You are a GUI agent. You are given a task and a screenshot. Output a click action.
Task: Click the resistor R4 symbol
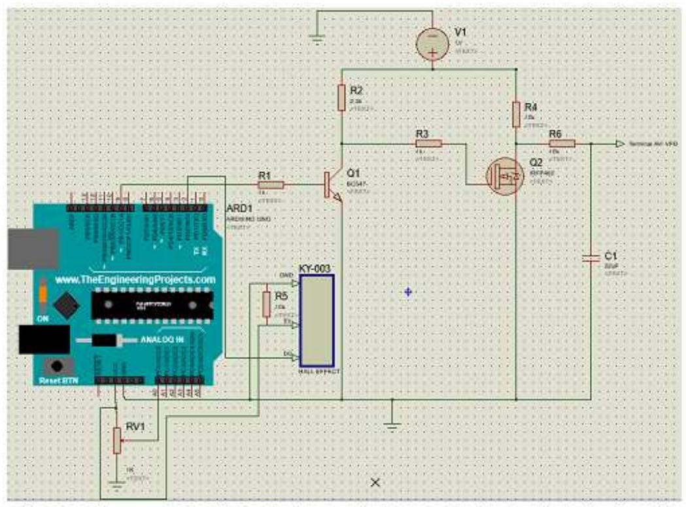[x=516, y=113]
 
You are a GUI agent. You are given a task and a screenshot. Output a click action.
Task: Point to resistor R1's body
[x=270, y=185]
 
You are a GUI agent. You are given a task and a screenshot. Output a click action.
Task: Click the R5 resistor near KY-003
[x=266, y=304]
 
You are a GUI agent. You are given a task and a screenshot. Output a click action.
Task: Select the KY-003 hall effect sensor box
[x=317, y=320]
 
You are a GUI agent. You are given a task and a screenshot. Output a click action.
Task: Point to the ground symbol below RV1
[x=116, y=485]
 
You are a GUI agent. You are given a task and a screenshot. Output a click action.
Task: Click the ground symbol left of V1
[x=317, y=39]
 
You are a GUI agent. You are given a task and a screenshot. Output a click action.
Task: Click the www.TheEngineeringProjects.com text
[x=135, y=279]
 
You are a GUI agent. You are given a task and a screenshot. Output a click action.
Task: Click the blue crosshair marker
[x=408, y=292]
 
